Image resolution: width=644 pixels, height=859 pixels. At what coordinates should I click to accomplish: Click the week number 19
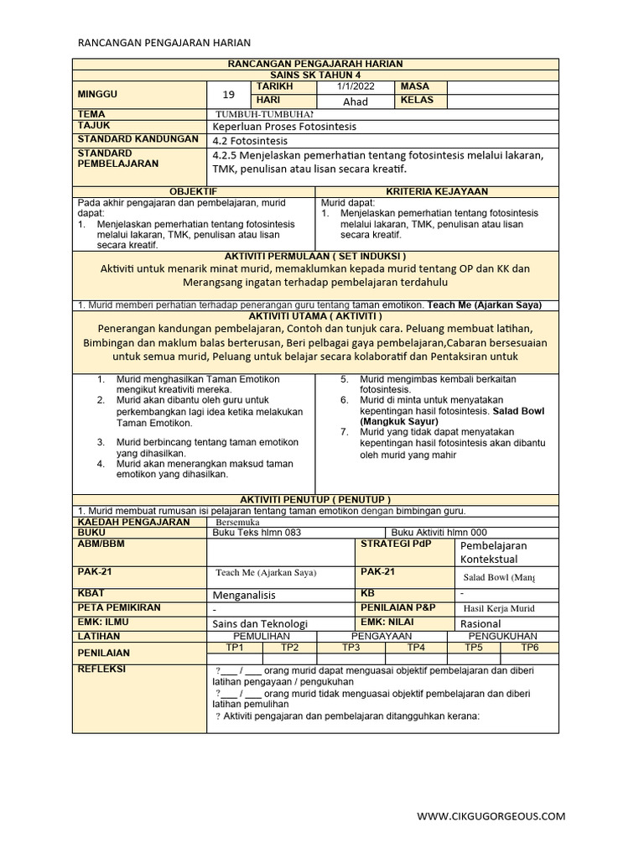point(229,94)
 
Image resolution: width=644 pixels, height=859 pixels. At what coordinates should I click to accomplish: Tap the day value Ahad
point(356,102)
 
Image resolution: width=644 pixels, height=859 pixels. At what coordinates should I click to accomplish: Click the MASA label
point(415,86)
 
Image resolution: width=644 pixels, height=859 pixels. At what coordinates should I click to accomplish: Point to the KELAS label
point(418,101)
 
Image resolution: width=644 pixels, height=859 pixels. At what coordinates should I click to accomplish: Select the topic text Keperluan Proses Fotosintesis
point(284,126)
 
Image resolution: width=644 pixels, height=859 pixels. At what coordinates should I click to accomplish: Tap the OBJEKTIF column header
point(194,192)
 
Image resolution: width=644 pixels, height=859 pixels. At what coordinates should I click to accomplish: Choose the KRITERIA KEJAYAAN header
point(437,192)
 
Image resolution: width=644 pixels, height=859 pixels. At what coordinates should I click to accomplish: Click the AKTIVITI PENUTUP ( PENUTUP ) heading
point(315,499)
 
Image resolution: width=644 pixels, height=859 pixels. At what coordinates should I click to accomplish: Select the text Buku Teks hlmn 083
point(257,533)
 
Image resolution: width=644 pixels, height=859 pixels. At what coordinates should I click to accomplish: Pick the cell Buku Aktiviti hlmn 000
point(439,533)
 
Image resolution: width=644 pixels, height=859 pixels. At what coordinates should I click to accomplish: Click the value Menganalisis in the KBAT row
point(244,594)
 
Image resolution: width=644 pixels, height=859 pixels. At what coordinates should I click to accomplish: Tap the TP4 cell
point(416,648)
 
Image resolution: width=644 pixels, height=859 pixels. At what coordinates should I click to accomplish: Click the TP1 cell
point(235,648)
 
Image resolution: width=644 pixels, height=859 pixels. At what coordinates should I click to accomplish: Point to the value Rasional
point(480,624)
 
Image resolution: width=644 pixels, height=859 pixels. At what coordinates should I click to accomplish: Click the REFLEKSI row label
point(101,669)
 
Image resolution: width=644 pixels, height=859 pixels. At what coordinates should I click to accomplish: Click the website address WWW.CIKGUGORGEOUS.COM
point(491,815)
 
